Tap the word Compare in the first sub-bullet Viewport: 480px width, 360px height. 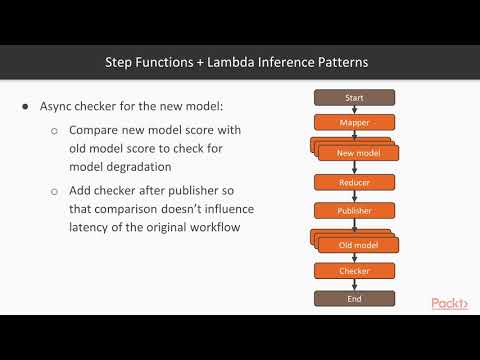pos(94,131)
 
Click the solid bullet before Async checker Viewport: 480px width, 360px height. pos(25,107)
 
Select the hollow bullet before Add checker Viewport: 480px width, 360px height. pos(54,190)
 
